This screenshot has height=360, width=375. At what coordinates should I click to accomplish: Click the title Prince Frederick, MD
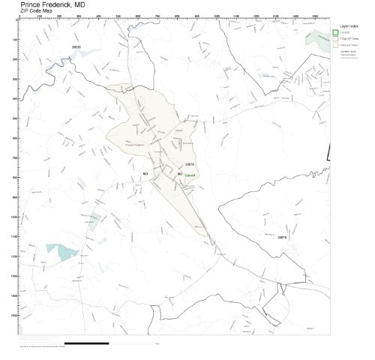coord(52,4)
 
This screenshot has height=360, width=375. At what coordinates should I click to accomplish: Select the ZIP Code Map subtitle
coord(38,10)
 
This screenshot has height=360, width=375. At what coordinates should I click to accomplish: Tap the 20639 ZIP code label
coord(75,47)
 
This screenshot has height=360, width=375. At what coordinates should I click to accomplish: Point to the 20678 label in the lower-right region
coord(283,235)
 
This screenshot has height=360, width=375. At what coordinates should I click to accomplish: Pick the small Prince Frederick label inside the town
coord(135,144)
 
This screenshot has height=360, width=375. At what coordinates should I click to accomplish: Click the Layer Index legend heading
coord(349,25)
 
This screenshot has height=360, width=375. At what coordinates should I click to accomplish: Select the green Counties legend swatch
coord(335,32)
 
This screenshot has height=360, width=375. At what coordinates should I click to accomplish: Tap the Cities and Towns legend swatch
coord(335,45)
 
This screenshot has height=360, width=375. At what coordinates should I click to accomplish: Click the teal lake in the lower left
coord(59,250)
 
